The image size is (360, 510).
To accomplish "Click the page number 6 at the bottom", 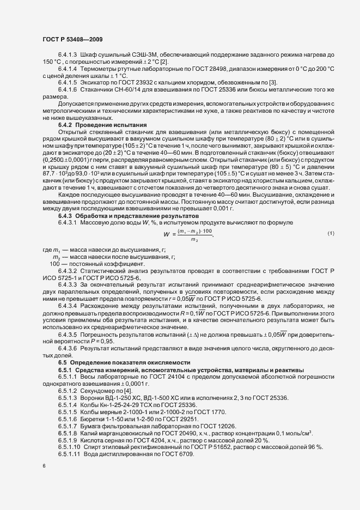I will point(44,467).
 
